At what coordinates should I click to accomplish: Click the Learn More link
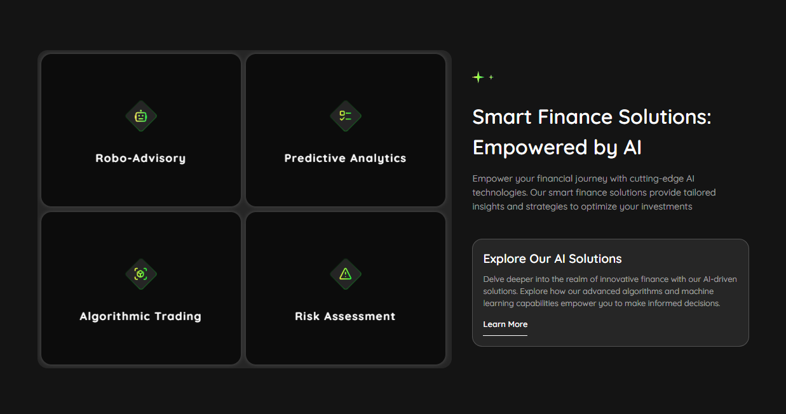[x=505, y=324]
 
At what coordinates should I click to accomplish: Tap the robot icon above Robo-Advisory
[x=140, y=116]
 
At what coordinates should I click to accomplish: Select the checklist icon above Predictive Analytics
[x=345, y=116]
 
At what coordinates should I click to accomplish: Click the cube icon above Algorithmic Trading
[x=140, y=274]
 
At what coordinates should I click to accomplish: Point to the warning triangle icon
[x=345, y=274]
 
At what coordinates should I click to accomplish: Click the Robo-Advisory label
[x=140, y=158]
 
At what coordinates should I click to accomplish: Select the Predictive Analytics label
[x=345, y=158]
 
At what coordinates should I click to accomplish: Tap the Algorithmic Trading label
[x=140, y=316]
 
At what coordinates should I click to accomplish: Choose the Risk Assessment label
[x=345, y=316]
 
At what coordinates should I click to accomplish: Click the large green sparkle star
[x=478, y=77]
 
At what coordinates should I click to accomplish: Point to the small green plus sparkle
[x=491, y=77]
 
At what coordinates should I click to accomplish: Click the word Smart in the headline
[x=502, y=117]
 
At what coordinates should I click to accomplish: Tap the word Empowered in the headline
[x=530, y=147]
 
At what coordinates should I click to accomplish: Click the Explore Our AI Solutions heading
[x=552, y=258]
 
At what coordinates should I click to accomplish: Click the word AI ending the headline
[x=632, y=147]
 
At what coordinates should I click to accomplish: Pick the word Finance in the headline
[x=575, y=117]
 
